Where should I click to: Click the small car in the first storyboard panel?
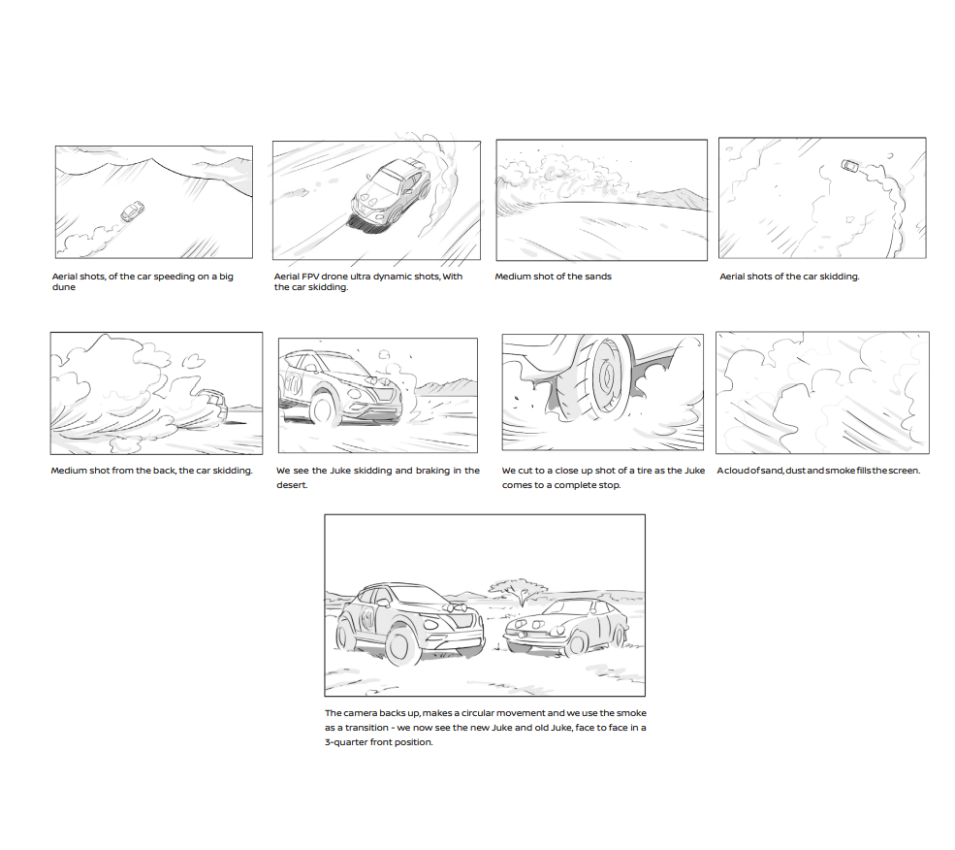coord(132,212)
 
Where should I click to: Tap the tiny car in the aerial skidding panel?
coord(850,165)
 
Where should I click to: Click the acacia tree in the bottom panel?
coord(519,590)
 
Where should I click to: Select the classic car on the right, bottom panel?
coord(566,628)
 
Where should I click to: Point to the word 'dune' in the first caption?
coord(64,287)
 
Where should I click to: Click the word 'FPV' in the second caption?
coord(310,277)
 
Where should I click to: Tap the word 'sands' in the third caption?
coord(598,277)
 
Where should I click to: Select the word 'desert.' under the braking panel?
coord(292,485)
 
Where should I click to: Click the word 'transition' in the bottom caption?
coord(366,728)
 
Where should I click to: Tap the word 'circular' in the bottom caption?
coord(478,713)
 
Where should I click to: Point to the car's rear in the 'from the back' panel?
coord(212,404)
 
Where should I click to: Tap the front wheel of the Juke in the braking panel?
coord(322,408)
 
